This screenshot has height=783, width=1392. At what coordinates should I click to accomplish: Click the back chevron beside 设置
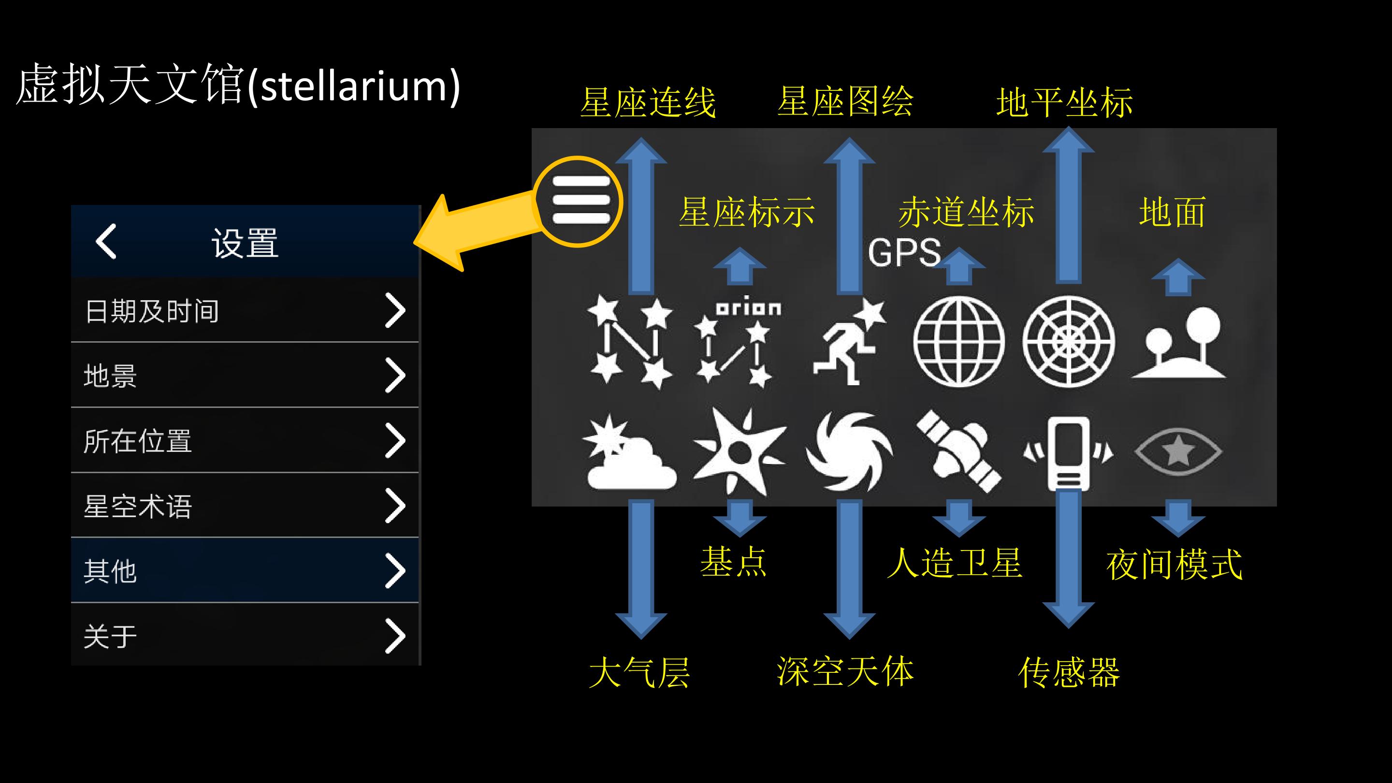(x=106, y=241)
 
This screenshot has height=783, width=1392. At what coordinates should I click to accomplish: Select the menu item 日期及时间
(x=245, y=311)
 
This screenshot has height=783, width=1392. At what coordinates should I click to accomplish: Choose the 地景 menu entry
(x=245, y=376)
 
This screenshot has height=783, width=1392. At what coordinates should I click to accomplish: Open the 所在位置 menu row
(x=245, y=440)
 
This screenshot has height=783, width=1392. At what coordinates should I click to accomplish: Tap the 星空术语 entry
(x=245, y=506)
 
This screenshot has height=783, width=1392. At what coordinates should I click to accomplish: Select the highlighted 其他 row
(x=245, y=571)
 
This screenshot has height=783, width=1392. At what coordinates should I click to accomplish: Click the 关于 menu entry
(x=245, y=635)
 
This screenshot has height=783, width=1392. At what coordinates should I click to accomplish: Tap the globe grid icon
(x=958, y=342)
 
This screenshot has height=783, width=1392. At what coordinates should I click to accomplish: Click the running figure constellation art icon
(x=850, y=342)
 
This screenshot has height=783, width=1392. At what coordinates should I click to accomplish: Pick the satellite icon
(x=958, y=451)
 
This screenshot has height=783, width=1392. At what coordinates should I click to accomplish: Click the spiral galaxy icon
(x=850, y=451)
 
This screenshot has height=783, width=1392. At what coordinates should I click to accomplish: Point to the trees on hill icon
(x=1179, y=343)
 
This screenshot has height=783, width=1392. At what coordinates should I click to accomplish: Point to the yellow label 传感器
(x=1068, y=672)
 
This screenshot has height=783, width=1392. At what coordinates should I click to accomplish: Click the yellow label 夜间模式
(x=1174, y=564)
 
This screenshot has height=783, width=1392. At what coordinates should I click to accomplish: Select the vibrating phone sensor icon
(x=1068, y=452)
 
